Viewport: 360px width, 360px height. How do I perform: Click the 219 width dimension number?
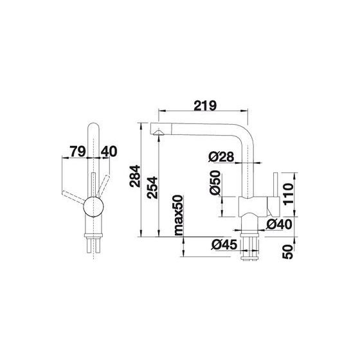coord(205,106)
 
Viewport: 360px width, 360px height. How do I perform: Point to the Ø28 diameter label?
coord(221,157)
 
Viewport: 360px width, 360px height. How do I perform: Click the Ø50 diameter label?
coord(215,183)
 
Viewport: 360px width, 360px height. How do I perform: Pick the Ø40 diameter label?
coord(279,224)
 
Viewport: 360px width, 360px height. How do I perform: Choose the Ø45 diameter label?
coord(224,245)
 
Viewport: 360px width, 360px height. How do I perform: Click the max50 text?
coord(179,215)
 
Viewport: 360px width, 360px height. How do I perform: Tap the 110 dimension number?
coord(289,194)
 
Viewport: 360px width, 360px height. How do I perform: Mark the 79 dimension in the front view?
coord(78,151)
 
